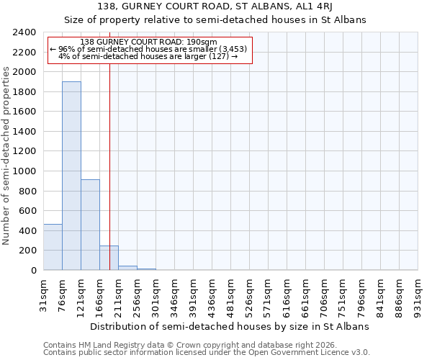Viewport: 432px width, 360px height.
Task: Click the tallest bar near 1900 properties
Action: click(71, 176)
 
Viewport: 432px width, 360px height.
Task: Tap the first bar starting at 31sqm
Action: click(53, 247)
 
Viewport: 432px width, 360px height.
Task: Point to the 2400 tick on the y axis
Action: click(25, 33)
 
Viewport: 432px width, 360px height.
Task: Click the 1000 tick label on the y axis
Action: click(25, 171)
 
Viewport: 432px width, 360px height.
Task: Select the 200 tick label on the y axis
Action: click(28, 251)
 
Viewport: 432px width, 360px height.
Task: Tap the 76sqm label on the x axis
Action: click(63, 294)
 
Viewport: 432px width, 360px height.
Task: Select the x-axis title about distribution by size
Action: click(230, 326)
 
